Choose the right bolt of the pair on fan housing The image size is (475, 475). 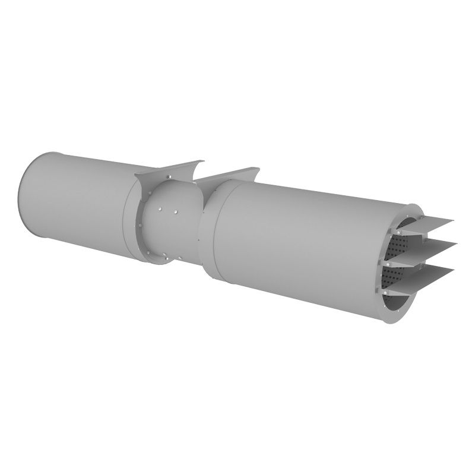click(x=176, y=211)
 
